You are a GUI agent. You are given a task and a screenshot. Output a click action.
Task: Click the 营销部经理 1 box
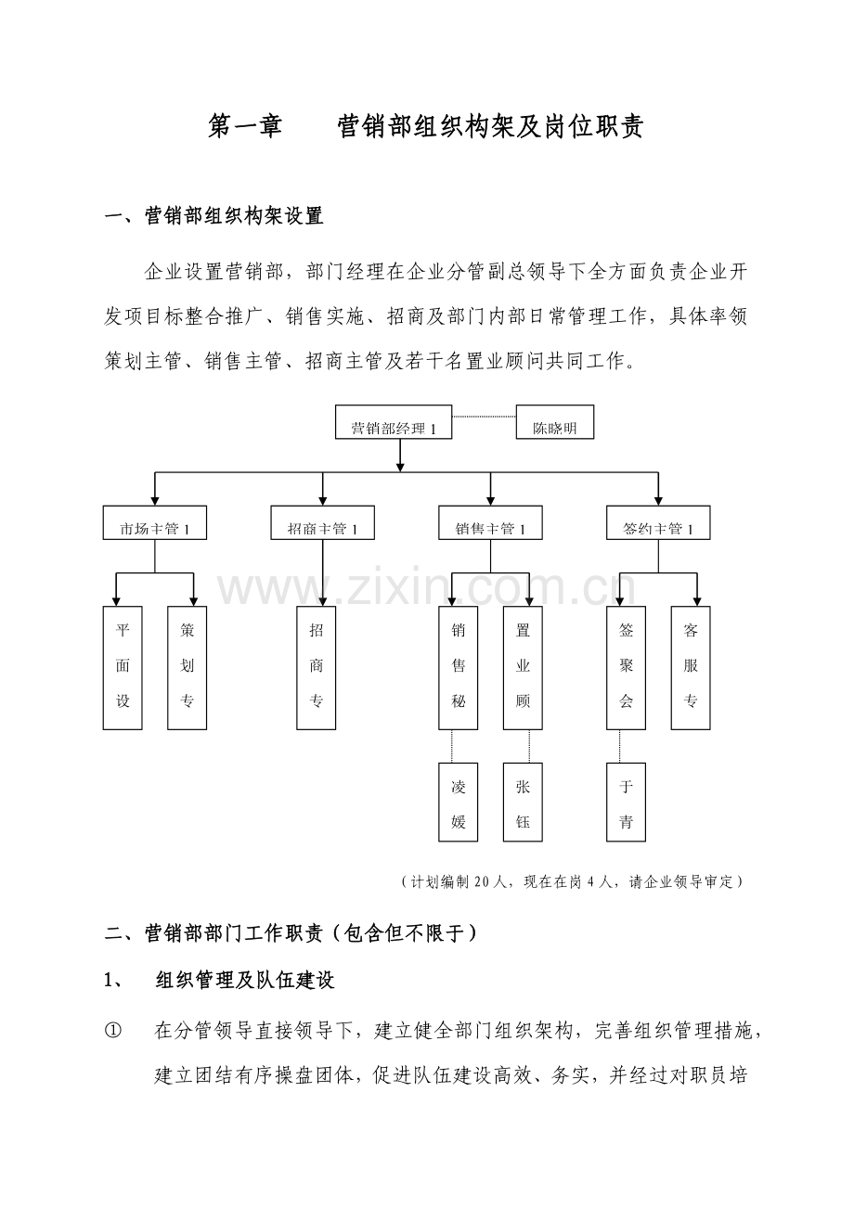tap(394, 422)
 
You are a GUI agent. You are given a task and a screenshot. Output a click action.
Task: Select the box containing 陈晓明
tap(554, 422)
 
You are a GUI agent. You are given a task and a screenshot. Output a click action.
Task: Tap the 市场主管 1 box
tap(155, 523)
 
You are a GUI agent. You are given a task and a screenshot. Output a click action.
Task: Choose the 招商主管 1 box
tap(323, 523)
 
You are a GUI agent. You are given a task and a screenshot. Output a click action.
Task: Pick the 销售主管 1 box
tap(491, 523)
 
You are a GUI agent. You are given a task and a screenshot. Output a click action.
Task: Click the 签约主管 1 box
tap(658, 523)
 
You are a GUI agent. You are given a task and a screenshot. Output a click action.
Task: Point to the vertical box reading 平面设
tap(123, 667)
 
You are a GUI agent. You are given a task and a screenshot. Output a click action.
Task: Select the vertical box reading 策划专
tap(188, 667)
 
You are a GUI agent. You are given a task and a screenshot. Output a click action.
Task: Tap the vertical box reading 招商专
tap(317, 667)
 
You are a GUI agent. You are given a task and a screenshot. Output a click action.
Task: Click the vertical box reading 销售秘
tap(459, 667)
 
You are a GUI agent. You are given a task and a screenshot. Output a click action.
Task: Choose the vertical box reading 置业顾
tap(523, 667)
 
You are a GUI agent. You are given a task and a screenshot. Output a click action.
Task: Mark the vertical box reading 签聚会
tap(626, 667)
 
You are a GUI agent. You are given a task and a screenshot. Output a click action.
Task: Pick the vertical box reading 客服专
tap(691, 667)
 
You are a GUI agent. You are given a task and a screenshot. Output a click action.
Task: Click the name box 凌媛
tap(459, 803)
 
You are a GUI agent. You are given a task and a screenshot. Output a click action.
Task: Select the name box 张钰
tap(523, 803)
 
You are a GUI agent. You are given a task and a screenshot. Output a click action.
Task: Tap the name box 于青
tap(626, 803)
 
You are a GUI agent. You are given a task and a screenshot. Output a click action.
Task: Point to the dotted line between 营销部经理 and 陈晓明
tap(484, 418)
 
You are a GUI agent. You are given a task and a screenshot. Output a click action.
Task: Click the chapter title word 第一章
tap(245, 127)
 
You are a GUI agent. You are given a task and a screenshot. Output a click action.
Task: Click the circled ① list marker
tap(114, 1030)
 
